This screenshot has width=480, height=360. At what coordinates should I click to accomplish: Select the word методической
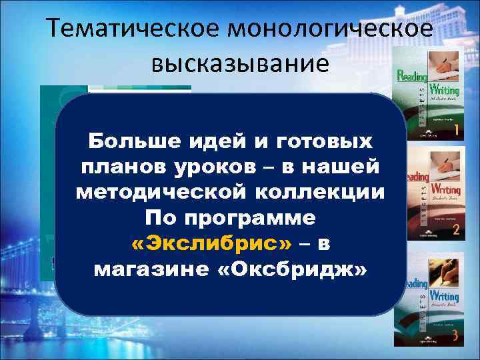(163, 192)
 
